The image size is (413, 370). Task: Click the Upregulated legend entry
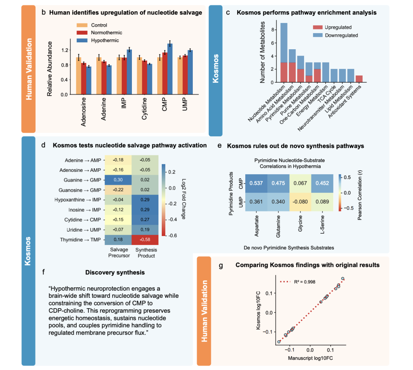[x=338, y=27]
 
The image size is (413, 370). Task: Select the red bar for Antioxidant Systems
[x=359, y=79]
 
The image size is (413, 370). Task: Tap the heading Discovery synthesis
[x=115, y=273]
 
